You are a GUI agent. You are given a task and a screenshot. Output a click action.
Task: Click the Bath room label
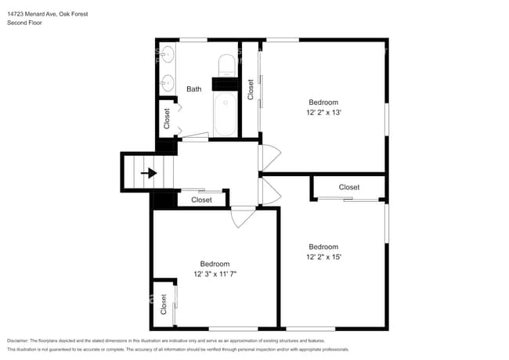[x=193, y=89]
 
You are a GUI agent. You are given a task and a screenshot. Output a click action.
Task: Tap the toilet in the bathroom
[x=227, y=66]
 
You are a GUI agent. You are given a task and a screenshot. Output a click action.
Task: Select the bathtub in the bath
[x=226, y=113]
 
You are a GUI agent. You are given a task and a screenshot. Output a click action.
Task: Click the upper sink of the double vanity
[x=168, y=54]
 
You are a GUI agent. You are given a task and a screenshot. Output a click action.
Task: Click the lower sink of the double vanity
[x=168, y=83]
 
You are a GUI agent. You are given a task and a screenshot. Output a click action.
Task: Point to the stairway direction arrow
[x=149, y=173]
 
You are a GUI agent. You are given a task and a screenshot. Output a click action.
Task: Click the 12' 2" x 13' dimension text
[x=323, y=113]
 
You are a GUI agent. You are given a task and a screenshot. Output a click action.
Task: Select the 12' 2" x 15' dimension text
[x=323, y=257]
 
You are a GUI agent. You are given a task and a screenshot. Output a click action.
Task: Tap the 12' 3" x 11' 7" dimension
[x=215, y=274]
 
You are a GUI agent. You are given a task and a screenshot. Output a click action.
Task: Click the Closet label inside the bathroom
[x=167, y=119]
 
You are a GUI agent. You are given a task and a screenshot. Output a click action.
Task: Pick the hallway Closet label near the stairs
[x=201, y=200]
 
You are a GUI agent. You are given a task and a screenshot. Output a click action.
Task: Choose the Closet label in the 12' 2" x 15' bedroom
[x=349, y=187]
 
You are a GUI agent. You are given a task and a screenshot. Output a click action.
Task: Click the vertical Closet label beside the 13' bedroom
[x=251, y=89]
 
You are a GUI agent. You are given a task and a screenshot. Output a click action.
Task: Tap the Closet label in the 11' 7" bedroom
[x=164, y=304]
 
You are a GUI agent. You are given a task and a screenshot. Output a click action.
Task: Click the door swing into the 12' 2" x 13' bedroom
[x=270, y=157]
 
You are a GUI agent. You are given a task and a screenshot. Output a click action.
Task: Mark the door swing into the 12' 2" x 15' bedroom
[x=271, y=192]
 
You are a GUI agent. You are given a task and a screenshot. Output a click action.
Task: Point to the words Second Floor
[x=25, y=23]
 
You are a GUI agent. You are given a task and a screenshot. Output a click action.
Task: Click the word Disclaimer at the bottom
[x=18, y=340]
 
